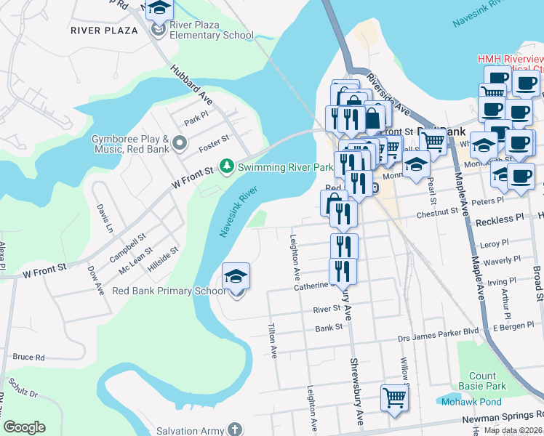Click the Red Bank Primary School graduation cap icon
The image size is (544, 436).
236,277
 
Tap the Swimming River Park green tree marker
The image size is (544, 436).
228,167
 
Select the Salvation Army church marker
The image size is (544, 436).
234,429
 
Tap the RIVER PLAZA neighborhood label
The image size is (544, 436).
105,30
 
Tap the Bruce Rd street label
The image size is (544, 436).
29,358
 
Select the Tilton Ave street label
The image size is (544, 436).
273,341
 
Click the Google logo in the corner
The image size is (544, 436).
25,427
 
